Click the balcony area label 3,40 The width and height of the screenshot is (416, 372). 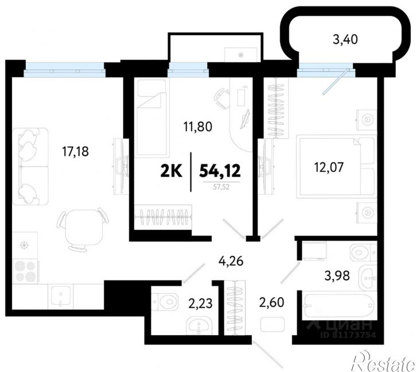(345, 40)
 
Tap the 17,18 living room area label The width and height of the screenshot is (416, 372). (75, 152)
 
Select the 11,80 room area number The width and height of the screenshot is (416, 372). (198, 126)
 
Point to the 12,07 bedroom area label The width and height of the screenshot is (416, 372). (329, 167)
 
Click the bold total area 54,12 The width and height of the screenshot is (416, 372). (220, 171)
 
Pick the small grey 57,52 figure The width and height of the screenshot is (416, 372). (221, 187)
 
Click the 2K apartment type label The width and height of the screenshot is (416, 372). (172, 171)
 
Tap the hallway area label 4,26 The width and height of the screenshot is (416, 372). (231, 262)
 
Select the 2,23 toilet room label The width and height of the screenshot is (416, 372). (200, 304)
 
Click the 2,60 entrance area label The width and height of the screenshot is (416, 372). (271, 302)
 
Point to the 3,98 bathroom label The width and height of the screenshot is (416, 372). (337, 276)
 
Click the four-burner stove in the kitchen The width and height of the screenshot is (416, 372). (25, 272)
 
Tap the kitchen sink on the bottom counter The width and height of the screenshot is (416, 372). (61, 296)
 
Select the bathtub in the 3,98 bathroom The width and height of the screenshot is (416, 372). (339, 305)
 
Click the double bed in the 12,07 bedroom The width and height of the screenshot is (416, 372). (337, 167)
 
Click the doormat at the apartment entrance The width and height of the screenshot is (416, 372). (273, 324)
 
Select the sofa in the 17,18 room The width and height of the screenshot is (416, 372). (30, 167)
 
